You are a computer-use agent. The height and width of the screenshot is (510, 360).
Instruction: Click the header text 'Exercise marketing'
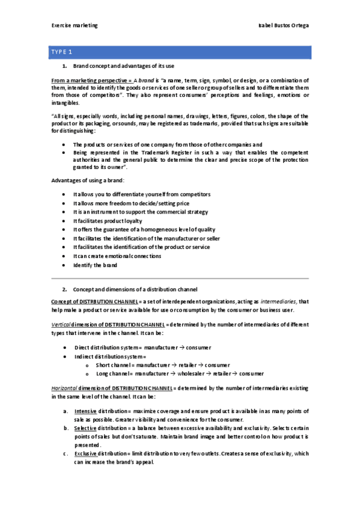click(x=75, y=26)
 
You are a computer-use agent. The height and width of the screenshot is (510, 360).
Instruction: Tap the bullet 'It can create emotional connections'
click(x=117, y=256)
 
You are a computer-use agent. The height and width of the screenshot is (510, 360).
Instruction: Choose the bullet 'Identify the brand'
click(x=95, y=265)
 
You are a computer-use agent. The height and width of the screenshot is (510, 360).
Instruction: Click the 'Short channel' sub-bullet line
click(x=162, y=365)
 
